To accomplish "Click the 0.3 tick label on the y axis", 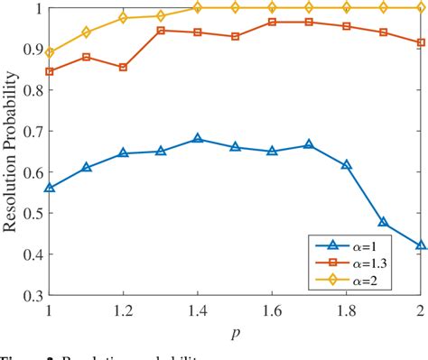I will pos(31,271).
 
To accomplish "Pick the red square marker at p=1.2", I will pos(124,68).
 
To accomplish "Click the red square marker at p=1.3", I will pos(161,31).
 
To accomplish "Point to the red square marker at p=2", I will pos(420,42).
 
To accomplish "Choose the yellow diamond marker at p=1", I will pos(50,53).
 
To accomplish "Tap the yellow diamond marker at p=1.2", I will pos(124,18).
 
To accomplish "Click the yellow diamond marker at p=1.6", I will pos(272,7).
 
